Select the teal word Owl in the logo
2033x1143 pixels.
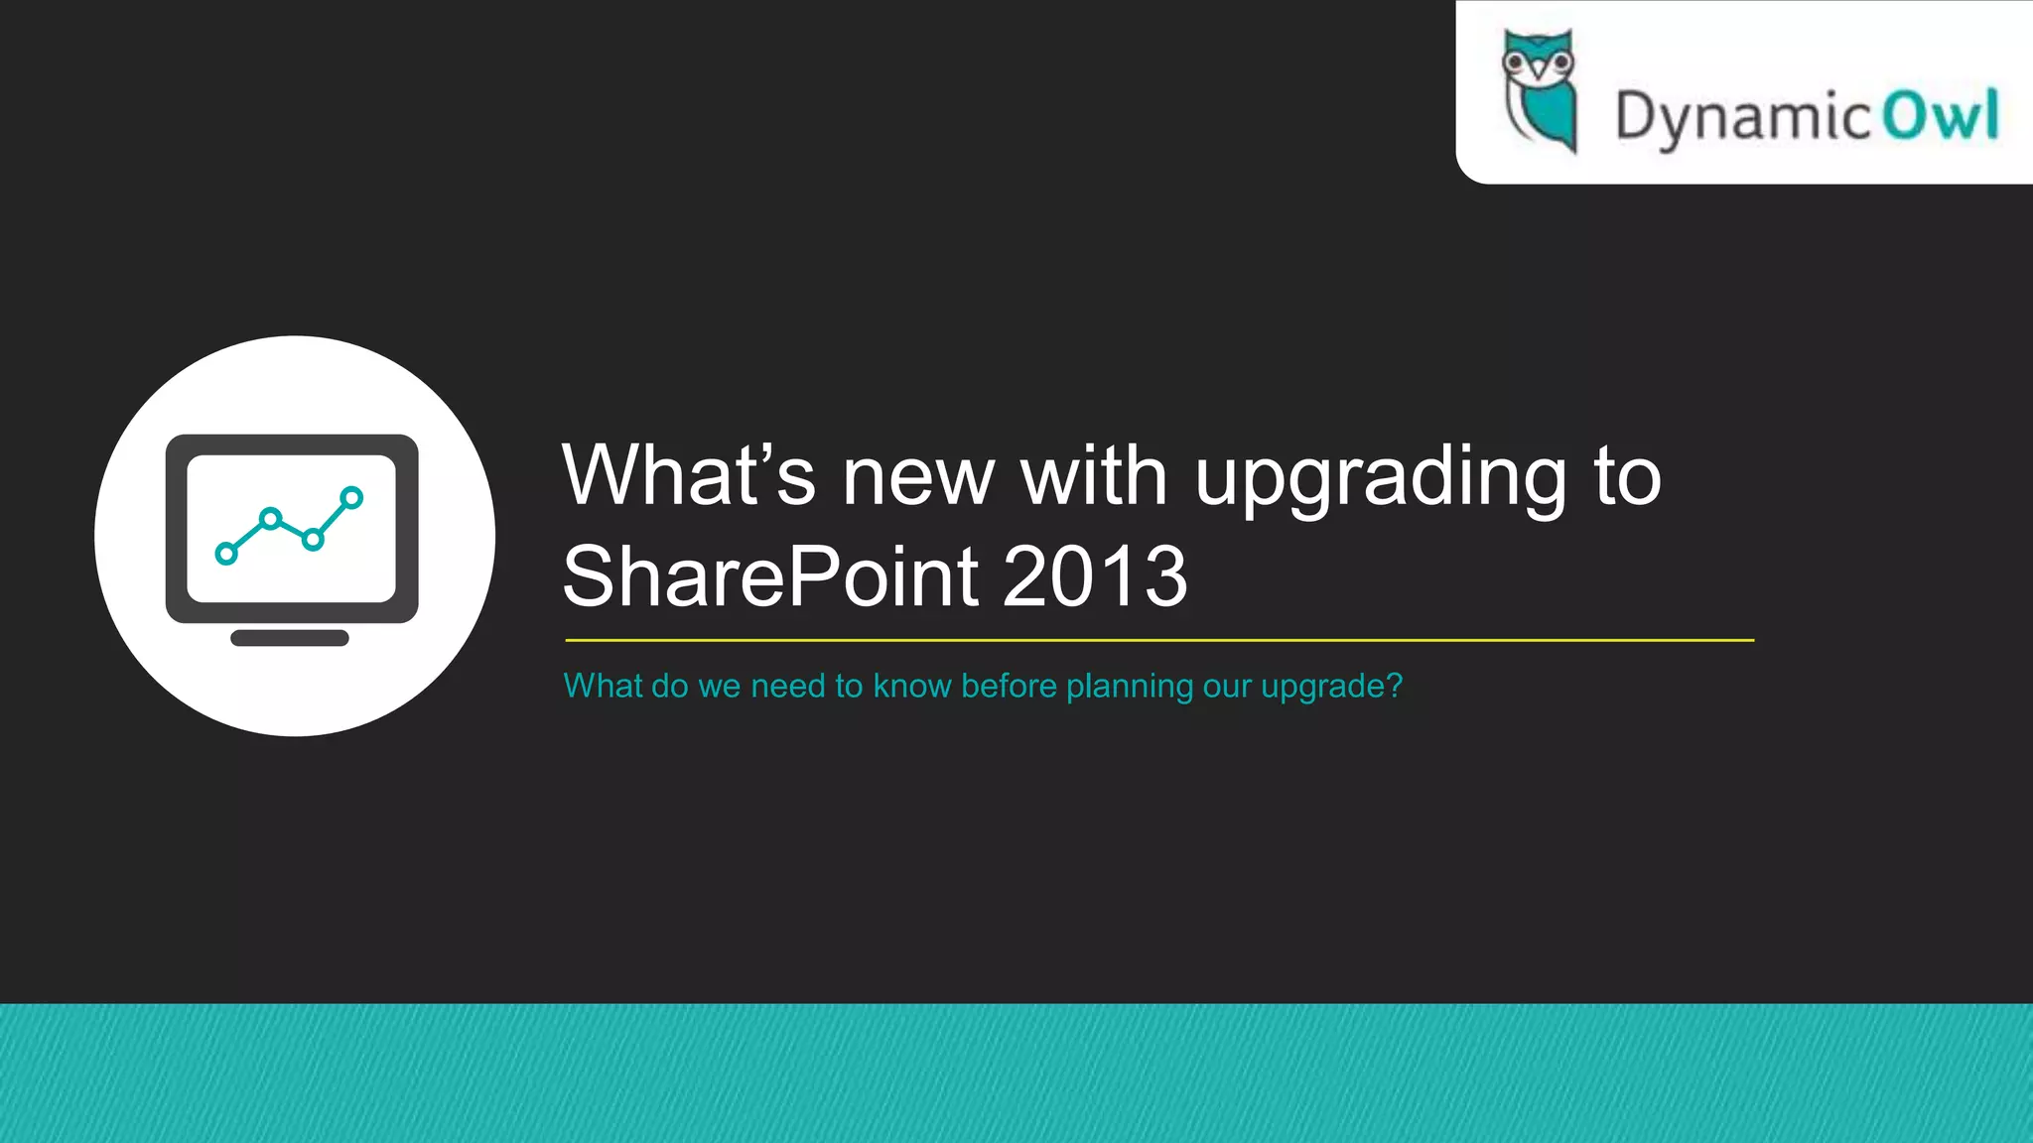[1941, 115]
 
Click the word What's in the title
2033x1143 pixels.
[688, 475]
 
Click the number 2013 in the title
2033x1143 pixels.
[1095, 576]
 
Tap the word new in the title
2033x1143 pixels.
[918, 478]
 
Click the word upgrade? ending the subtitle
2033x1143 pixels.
[1331, 687]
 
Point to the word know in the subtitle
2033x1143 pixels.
[912, 686]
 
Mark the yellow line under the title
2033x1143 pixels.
[1159, 641]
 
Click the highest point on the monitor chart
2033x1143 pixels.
[351, 497]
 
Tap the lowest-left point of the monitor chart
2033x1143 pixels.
[226, 554]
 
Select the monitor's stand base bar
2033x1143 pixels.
[290, 638]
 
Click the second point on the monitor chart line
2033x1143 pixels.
[270, 518]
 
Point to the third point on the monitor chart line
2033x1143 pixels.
[313, 540]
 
